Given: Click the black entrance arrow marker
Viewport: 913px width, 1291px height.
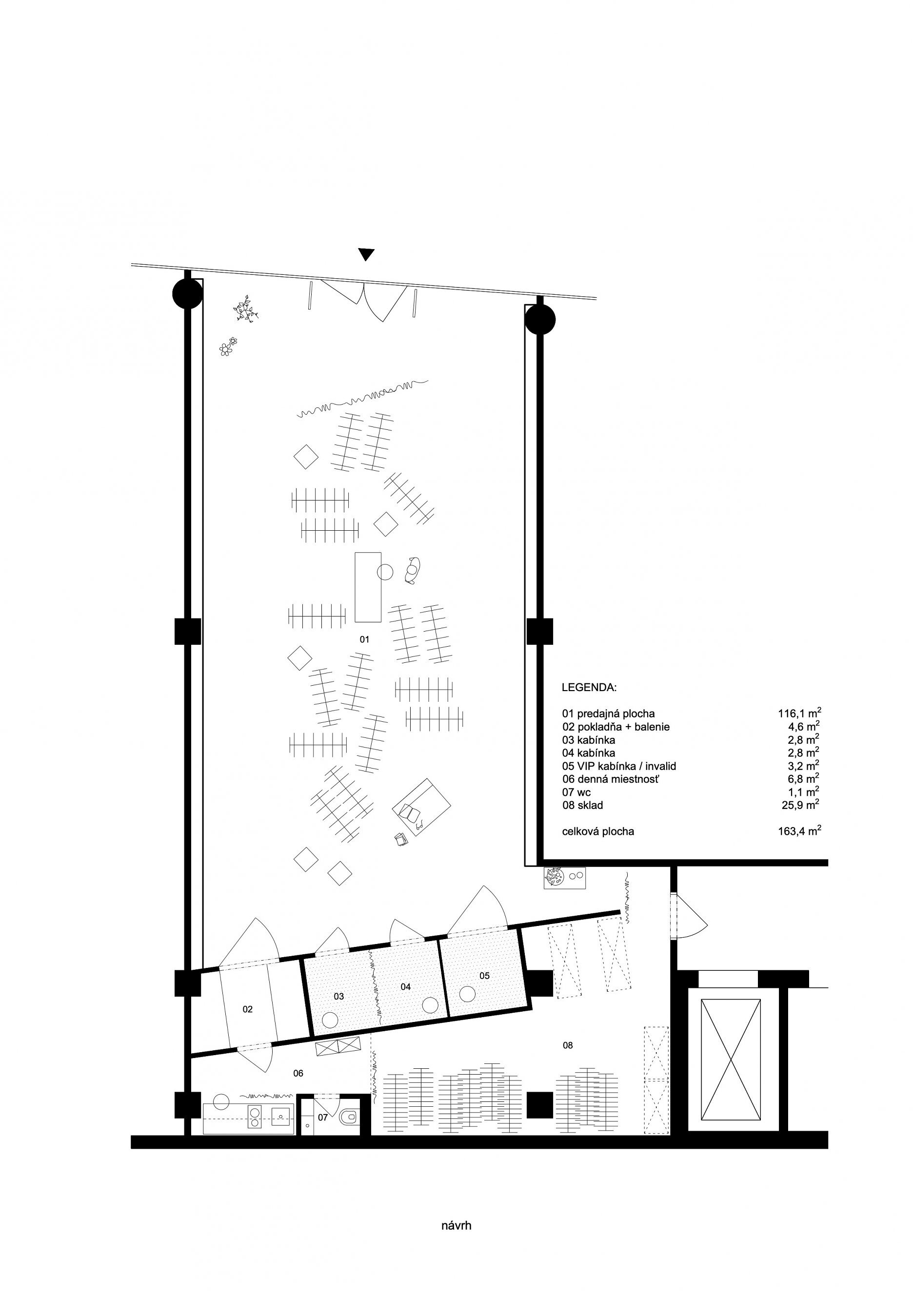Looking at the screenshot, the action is pyautogui.click(x=366, y=255).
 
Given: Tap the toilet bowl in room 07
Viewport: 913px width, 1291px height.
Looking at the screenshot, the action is pyautogui.click(x=348, y=1116).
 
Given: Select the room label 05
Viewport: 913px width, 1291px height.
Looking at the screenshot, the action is pyautogui.click(x=484, y=976).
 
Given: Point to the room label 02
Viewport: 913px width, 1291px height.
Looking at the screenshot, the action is pyautogui.click(x=248, y=1009).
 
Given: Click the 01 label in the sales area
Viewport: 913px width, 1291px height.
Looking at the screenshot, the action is pyautogui.click(x=364, y=639).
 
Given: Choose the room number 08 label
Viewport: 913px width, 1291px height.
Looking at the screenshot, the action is pyautogui.click(x=568, y=1045).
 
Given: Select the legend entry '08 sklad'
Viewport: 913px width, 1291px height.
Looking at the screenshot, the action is pyautogui.click(x=582, y=805).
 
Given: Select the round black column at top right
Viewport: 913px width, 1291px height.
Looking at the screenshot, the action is pyautogui.click(x=539, y=319).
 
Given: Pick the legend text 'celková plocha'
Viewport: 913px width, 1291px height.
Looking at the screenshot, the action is pyautogui.click(x=598, y=831).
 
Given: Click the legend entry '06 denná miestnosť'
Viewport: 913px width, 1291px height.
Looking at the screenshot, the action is pyautogui.click(x=610, y=779).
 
